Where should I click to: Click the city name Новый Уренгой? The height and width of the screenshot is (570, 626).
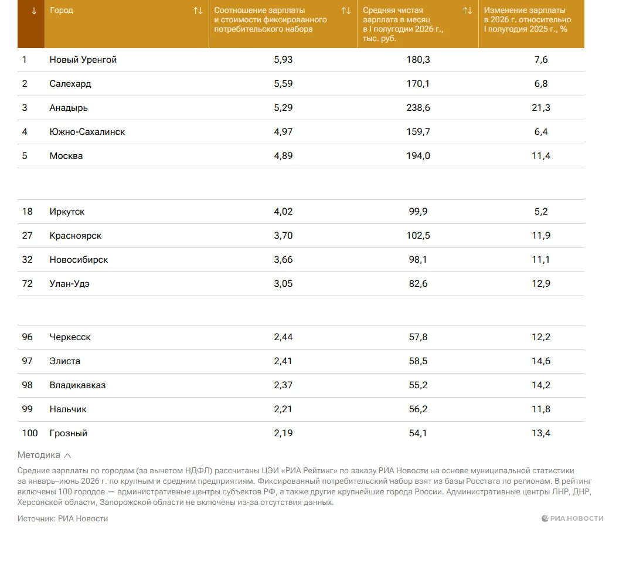click(83, 60)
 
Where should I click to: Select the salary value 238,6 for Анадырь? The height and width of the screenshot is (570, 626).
click(418, 108)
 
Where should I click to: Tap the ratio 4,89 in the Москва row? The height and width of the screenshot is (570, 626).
click(283, 156)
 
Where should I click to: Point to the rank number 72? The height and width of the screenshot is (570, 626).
click(27, 284)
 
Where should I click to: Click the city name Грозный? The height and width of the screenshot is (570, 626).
click(68, 433)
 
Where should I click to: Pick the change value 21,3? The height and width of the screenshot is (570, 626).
click(541, 108)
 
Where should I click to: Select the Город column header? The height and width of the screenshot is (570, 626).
click(62, 11)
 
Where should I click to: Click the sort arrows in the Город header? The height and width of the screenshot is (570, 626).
click(198, 11)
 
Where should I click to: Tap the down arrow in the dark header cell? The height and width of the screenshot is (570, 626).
click(34, 11)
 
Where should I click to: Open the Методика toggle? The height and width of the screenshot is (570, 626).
click(44, 455)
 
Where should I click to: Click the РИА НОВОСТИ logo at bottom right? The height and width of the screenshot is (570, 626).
click(572, 518)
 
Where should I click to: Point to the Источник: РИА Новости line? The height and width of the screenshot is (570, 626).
click(63, 518)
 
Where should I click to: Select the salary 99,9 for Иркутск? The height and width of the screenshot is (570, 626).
click(418, 212)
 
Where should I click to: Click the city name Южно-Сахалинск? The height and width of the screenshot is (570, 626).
click(87, 132)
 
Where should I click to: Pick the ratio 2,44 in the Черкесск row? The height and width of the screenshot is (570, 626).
click(283, 337)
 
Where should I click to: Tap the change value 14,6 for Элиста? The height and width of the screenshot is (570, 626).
click(541, 361)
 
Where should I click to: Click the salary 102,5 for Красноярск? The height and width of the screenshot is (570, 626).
click(418, 236)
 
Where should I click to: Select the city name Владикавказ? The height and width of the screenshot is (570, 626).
click(77, 385)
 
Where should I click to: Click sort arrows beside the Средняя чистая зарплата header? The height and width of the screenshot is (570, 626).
click(468, 11)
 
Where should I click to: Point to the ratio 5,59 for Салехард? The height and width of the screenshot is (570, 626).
click(283, 84)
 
